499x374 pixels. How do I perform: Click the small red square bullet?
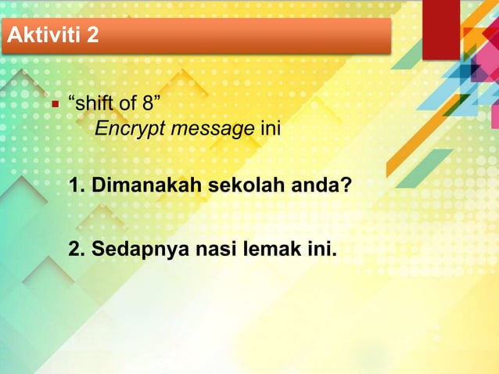(x=56, y=102)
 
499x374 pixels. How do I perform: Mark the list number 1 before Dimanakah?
(x=75, y=189)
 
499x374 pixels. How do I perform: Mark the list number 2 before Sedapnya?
(x=75, y=250)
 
